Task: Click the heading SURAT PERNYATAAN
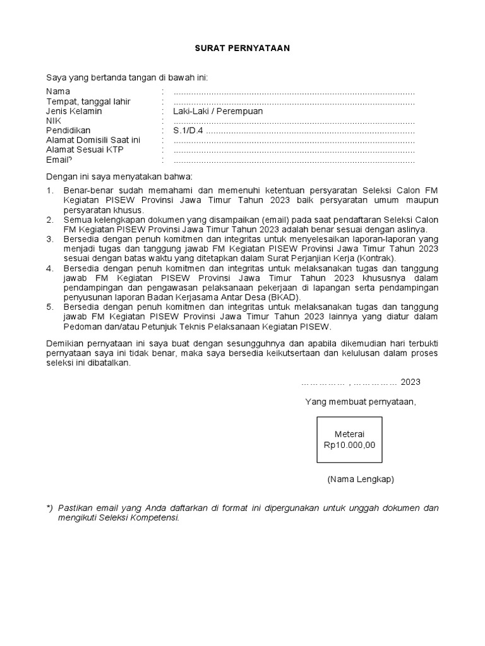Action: (x=242, y=49)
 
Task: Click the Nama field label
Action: (x=58, y=92)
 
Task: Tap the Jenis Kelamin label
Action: (x=75, y=111)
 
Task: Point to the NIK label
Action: (x=54, y=120)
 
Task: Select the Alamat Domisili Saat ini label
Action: (x=93, y=139)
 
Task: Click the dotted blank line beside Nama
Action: (x=294, y=93)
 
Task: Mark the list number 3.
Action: (x=50, y=239)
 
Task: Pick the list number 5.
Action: (x=50, y=307)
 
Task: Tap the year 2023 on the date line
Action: (x=410, y=382)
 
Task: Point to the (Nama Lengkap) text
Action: (x=360, y=479)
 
